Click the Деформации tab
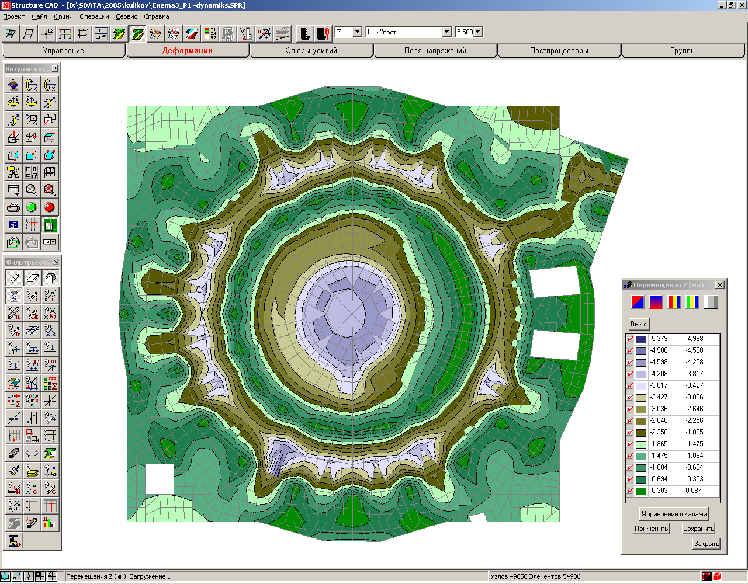coord(187,51)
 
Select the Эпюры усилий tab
coord(311,51)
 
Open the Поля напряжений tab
coord(435,51)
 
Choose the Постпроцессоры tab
coord(559,51)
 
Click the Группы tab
coord(683,51)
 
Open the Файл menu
coord(39,16)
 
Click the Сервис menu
coord(126,16)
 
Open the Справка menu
coord(156,16)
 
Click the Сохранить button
coord(698,529)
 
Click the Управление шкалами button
coord(674,514)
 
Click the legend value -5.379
coord(659,339)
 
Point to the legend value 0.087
coord(694,491)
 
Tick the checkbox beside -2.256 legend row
coord(630,433)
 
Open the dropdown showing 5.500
coord(478,32)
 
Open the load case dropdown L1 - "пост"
coord(446,32)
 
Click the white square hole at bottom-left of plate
coord(159,479)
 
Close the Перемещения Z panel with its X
coord(720,285)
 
